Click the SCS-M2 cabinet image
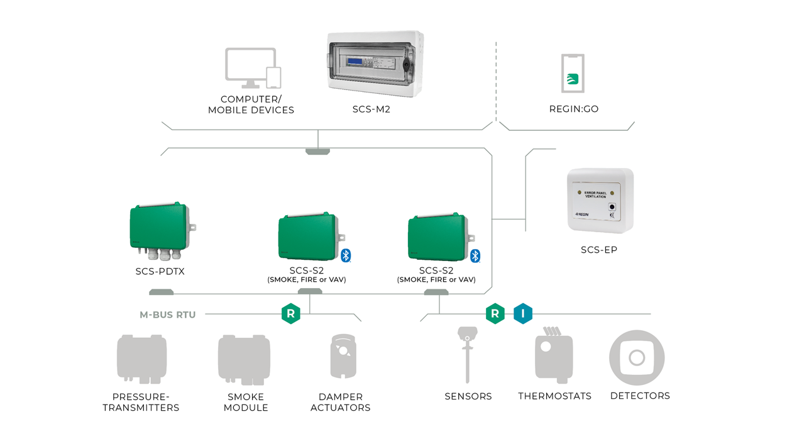375,65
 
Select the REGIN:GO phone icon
573,74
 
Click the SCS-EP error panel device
600,201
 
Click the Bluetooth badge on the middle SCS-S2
346,255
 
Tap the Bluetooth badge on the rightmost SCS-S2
475,255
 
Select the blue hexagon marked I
523,313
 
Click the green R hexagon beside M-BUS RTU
290,313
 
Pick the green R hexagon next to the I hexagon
495,313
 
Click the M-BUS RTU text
168,315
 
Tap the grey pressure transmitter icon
141,359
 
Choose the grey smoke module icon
245,359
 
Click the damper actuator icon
343,356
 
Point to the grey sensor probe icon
467,354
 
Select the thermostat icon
554,356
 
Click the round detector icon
637,357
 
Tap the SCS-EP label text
599,250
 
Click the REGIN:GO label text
574,109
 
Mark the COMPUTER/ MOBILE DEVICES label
251,104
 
